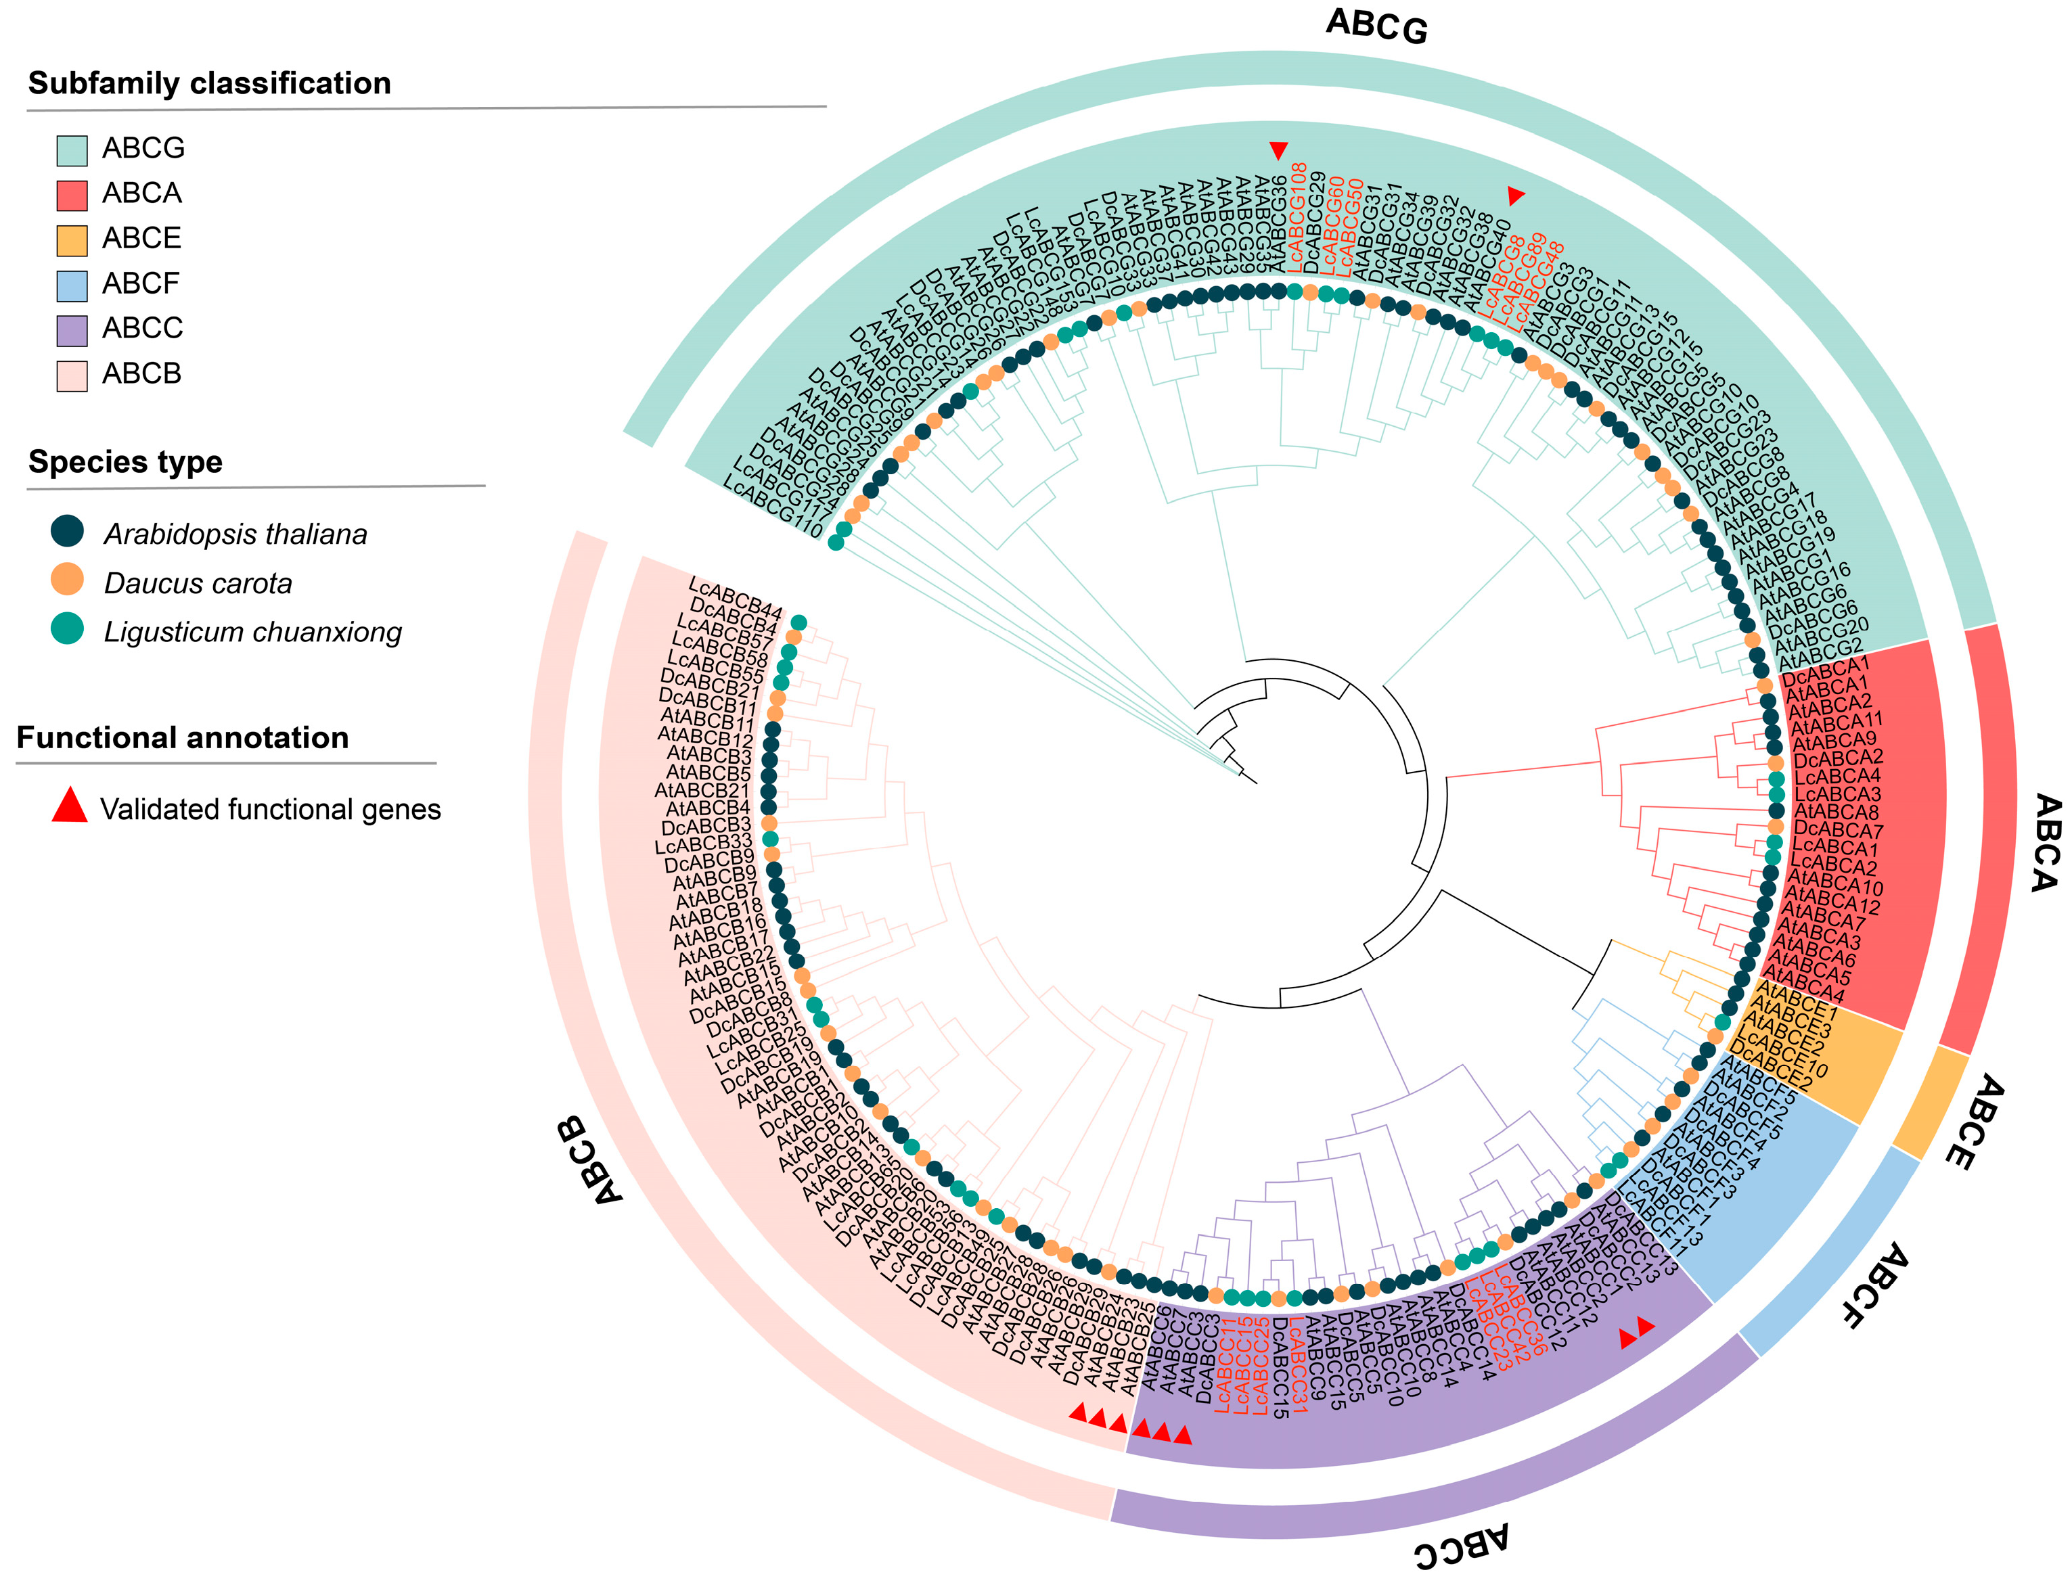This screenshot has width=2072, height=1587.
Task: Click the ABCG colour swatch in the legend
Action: pyautogui.click(x=72, y=150)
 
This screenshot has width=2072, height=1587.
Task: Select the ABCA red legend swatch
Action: pyautogui.click(x=72, y=195)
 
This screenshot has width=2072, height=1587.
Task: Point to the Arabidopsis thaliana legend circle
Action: pyautogui.click(x=67, y=531)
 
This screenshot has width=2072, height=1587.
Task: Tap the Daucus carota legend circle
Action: pyautogui.click(x=67, y=580)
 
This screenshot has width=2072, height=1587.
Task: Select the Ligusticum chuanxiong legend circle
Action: pyautogui.click(x=67, y=629)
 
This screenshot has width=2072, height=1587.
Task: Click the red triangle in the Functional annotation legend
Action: pyautogui.click(x=69, y=806)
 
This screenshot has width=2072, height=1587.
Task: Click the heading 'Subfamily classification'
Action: pyautogui.click(x=209, y=83)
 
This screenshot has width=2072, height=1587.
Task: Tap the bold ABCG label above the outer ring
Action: pyautogui.click(x=1376, y=26)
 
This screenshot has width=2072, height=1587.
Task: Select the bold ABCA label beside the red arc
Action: pyautogui.click(x=2044, y=843)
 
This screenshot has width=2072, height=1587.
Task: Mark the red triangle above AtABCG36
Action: pyautogui.click(x=1278, y=149)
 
